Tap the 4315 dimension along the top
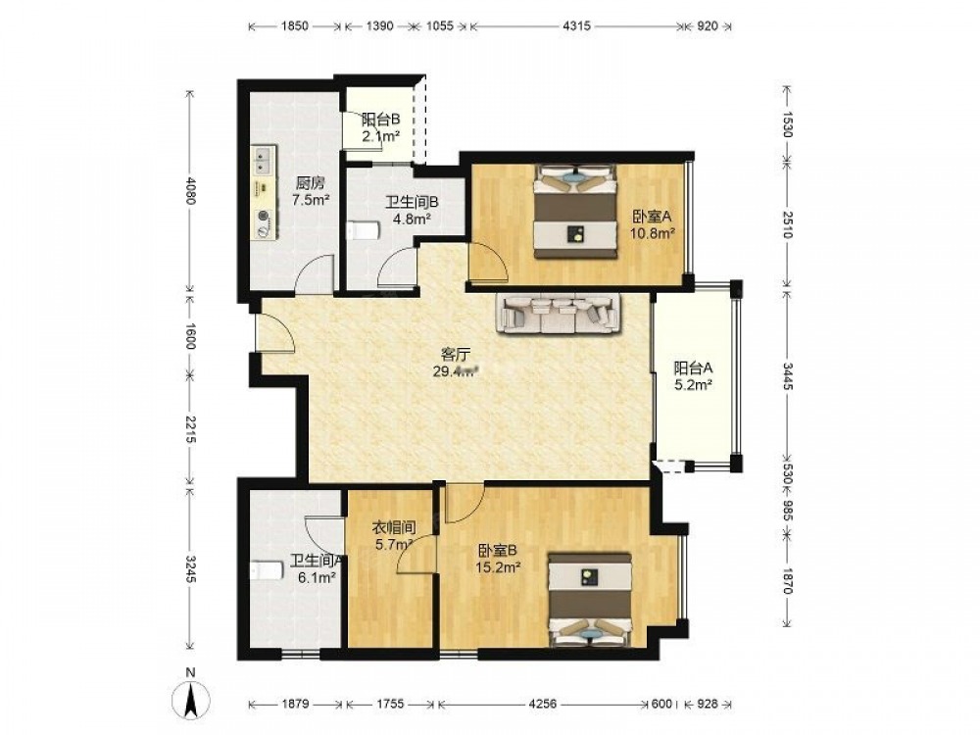[576, 26]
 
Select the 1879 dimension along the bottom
[295, 704]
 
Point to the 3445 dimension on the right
[788, 376]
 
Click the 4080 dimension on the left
[191, 191]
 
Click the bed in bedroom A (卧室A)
[575, 212]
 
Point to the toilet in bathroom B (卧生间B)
[363, 230]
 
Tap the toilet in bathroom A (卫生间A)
[266, 570]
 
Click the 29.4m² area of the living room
[456, 371]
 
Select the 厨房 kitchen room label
[311, 184]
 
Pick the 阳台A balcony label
[693, 368]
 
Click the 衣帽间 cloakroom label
[394, 528]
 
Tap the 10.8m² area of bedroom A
[653, 233]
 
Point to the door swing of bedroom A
[489, 263]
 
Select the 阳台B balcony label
[380, 119]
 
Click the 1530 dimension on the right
[788, 123]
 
